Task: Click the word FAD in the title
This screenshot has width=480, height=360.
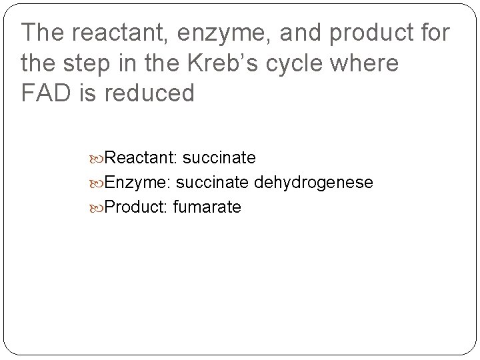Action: pos(45,93)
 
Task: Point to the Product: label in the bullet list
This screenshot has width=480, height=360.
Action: pos(136,207)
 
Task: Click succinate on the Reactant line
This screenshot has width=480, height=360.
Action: pos(219,158)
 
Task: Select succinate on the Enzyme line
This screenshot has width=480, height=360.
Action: pos(213,183)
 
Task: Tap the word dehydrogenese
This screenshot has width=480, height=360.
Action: pos(313,183)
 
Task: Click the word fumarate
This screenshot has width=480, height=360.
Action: pos(207,207)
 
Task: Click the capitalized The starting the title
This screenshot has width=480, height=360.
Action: pos(43,33)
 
